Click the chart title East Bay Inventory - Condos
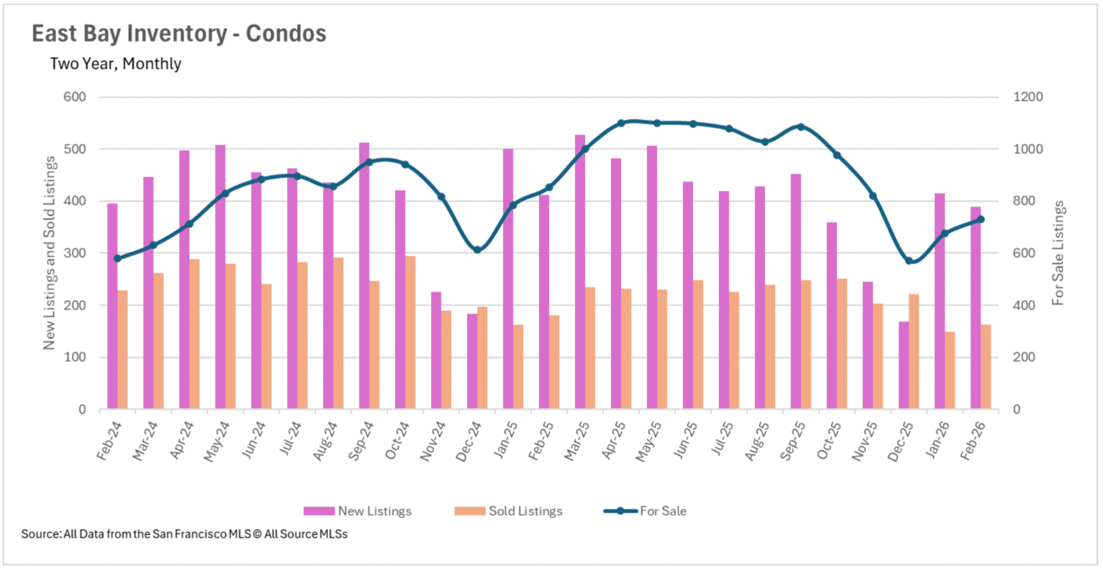pyautogui.click(x=179, y=34)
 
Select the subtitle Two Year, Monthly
pyautogui.click(x=115, y=64)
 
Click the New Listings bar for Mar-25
pyautogui.click(x=580, y=272)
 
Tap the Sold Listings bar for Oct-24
pyautogui.click(x=410, y=332)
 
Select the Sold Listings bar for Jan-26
pyautogui.click(x=950, y=370)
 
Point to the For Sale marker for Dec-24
pyautogui.click(x=477, y=250)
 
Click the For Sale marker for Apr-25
pyautogui.click(x=621, y=124)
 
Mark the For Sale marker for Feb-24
pyautogui.click(x=118, y=258)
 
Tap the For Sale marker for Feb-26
pyautogui.click(x=981, y=220)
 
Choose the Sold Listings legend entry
pyautogui.click(x=508, y=511)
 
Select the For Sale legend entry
pyautogui.click(x=645, y=511)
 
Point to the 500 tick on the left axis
pyautogui.click(x=74, y=149)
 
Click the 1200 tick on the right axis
pyautogui.click(x=1027, y=97)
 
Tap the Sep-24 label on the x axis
pyautogui.click(x=361, y=441)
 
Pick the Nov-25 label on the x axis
pyautogui.click(x=864, y=442)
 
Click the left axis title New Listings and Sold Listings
pyautogui.click(x=49, y=253)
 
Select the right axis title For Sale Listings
pyautogui.click(x=1058, y=253)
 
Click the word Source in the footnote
pyautogui.click(x=40, y=534)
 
